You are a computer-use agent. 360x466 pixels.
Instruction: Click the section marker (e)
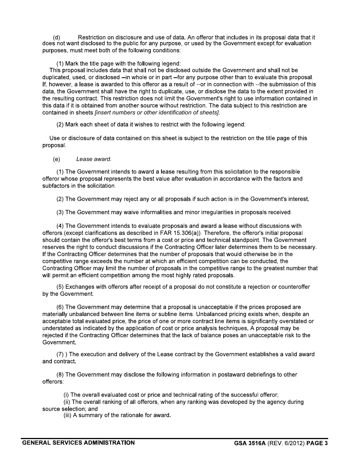57,160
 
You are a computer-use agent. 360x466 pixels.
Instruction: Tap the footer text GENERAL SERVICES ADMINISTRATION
78,443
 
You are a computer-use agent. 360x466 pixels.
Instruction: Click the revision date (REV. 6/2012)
286,443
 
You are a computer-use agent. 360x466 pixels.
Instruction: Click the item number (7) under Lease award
60,355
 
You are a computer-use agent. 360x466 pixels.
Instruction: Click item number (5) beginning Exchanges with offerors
60,287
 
